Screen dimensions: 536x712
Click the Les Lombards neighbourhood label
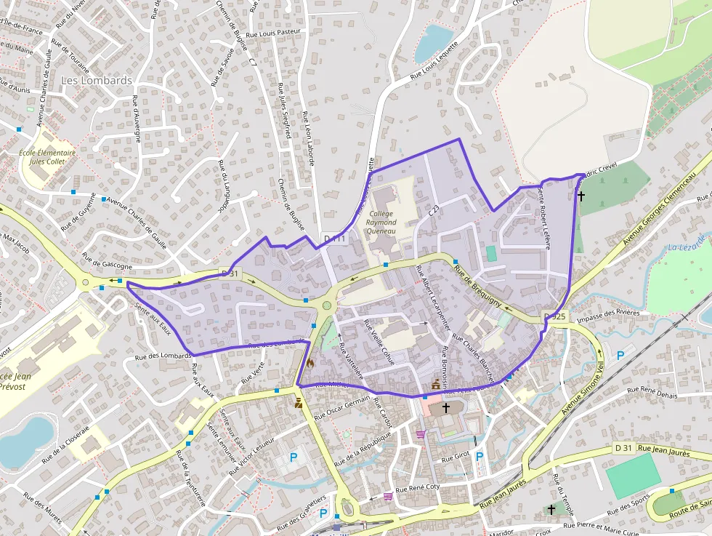click(x=97, y=81)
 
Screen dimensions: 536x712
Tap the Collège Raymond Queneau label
click(x=381, y=223)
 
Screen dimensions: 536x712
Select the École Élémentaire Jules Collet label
click(x=48, y=157)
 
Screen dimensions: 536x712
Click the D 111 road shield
click(x=336, y=239)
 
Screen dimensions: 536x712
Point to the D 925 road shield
click(x=554, y=316)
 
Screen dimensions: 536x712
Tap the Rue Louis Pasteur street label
click(x=272, y=31)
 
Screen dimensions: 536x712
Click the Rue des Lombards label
click(x=163, y=356)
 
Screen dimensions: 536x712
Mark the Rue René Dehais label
click(x=652, y=393)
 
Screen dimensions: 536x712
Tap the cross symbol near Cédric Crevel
click(x=580, y=196)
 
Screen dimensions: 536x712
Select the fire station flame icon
click(x=310, y=361)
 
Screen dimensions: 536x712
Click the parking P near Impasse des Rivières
click(x=620, y=355)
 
